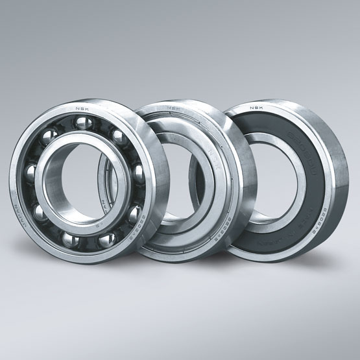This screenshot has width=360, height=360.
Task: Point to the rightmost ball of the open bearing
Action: [x=134, y=213]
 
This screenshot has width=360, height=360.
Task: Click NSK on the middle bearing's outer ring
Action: [x=173, y=108]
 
